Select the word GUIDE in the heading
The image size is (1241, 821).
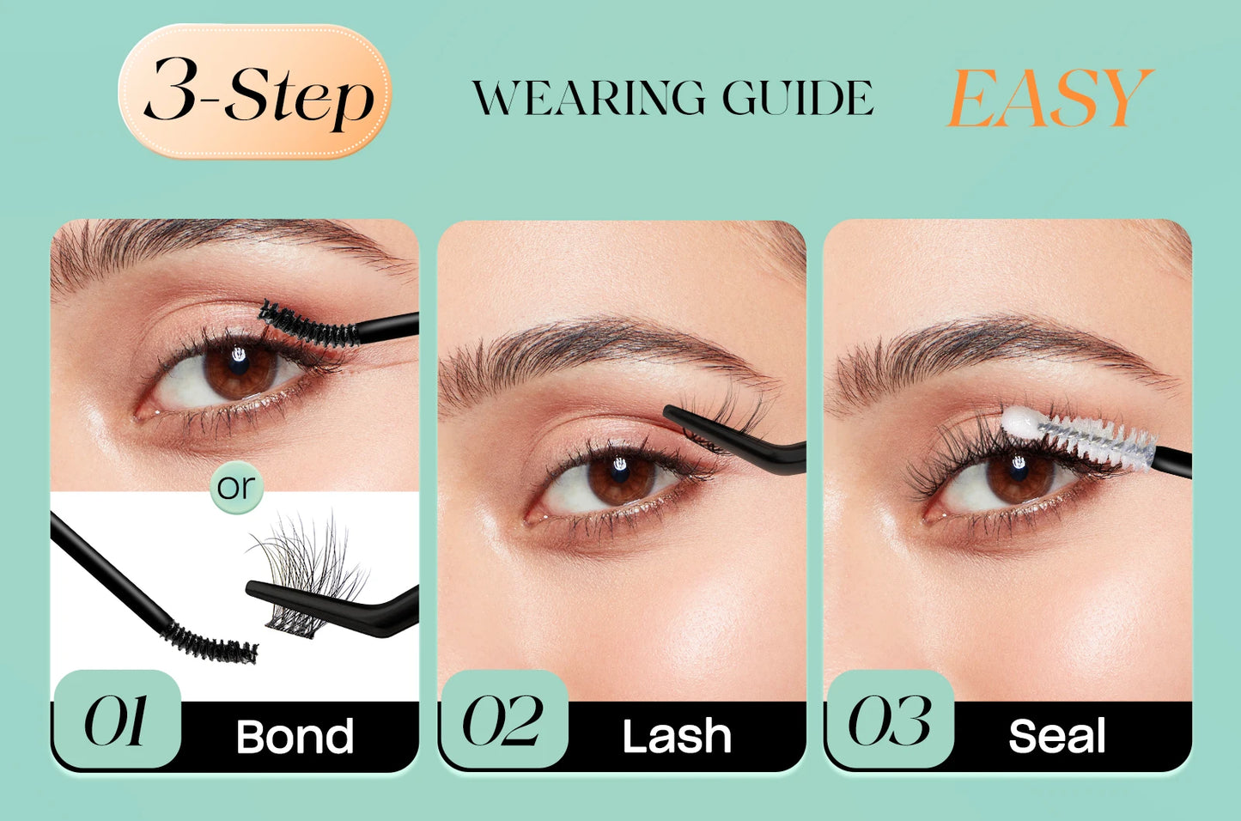pos(797,98)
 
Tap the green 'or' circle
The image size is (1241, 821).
pos(235,487)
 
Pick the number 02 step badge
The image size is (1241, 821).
pos(503,720)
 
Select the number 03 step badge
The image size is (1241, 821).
pos(890,720)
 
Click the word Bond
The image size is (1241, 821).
pos(295,737)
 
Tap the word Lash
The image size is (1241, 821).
pos(677,737)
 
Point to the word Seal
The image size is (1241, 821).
pos(1056,737)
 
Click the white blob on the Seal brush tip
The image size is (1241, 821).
pos(1022,423)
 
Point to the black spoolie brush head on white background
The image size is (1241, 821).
pos(210,642)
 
